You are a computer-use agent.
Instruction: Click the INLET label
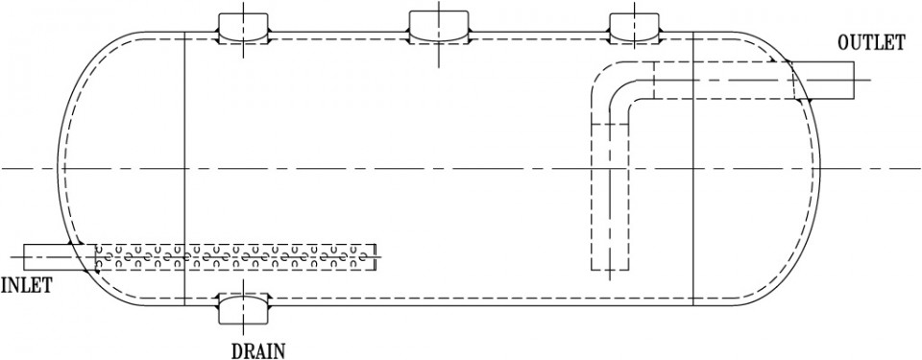pos(26,284)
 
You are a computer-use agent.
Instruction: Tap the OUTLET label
pos(871,44)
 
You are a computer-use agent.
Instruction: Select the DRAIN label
pos(257,350)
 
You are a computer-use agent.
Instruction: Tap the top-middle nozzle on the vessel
pos(439,26)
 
